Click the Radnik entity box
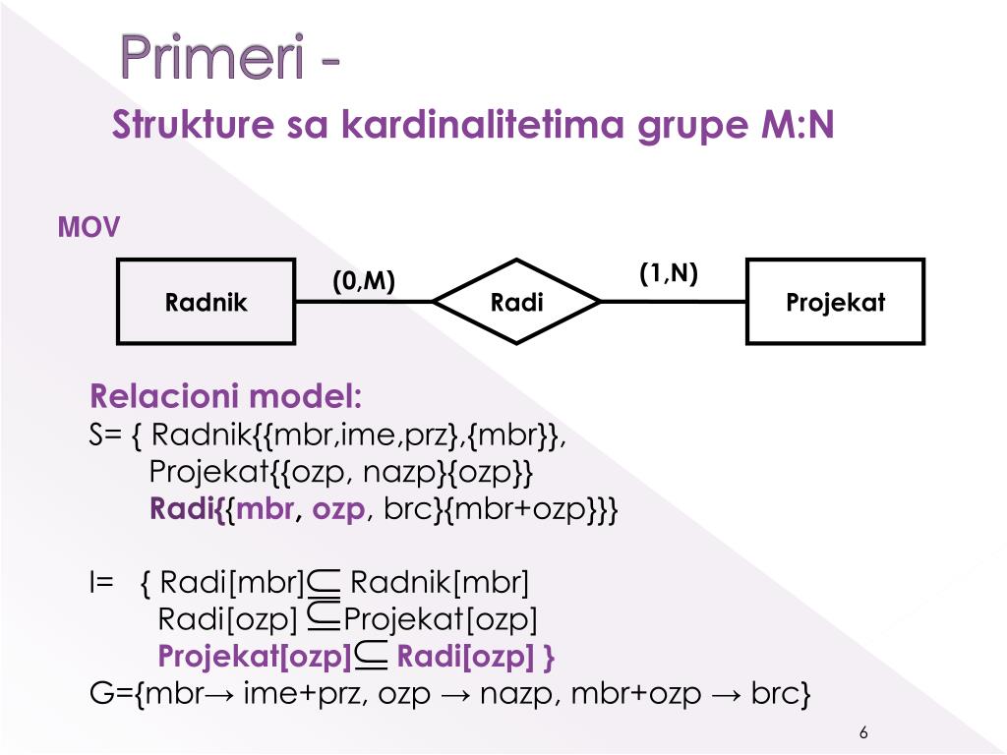pyautogui.click(x=206, y=302)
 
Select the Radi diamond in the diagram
pyautogui.click(x=516, y=302)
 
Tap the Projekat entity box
pyautogui.click(x=835, y=302)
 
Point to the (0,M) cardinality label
pyautogui.click(x=363, y=282)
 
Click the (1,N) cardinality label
pyautogui.click(x=669, y=273)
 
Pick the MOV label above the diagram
pyautogui.click(x=89, y=229)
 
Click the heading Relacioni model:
pyautogui.click(x=226, y=397)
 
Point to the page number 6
pyautogui.click(x=863, y=733)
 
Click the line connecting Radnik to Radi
pyautogui.click(x=364, y=302)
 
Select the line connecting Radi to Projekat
pyautogui.click(x=673, y=302)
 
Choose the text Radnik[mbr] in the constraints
pyautogui.click(x=440, y=584)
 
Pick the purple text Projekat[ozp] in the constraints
pyautogui.click(x=255, y=656)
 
